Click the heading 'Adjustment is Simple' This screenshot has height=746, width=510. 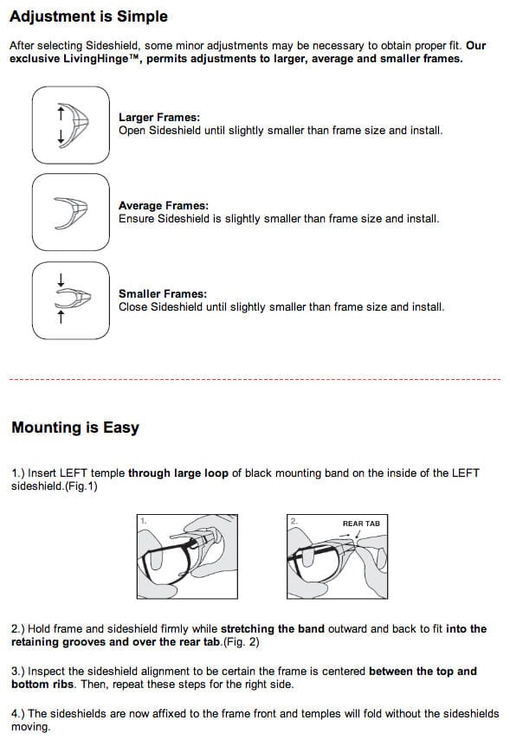click(x=88, y=16)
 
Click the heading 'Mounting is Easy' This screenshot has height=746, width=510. click(x=74, y=428)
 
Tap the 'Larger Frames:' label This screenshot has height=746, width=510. click(x=159, y=117)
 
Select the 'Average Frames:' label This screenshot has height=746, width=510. click(x=163, y=206)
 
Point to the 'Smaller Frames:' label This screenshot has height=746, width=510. click(x=163, y=294)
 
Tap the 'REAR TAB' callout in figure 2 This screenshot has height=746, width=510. click(x=360, y=524)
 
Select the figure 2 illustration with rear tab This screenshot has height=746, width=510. click(x=335, y=558)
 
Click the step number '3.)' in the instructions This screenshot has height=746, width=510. click(x=18, y=672)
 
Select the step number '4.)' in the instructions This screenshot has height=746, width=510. click(x=18, y=714)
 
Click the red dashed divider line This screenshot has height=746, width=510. click(x=255, y=379)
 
